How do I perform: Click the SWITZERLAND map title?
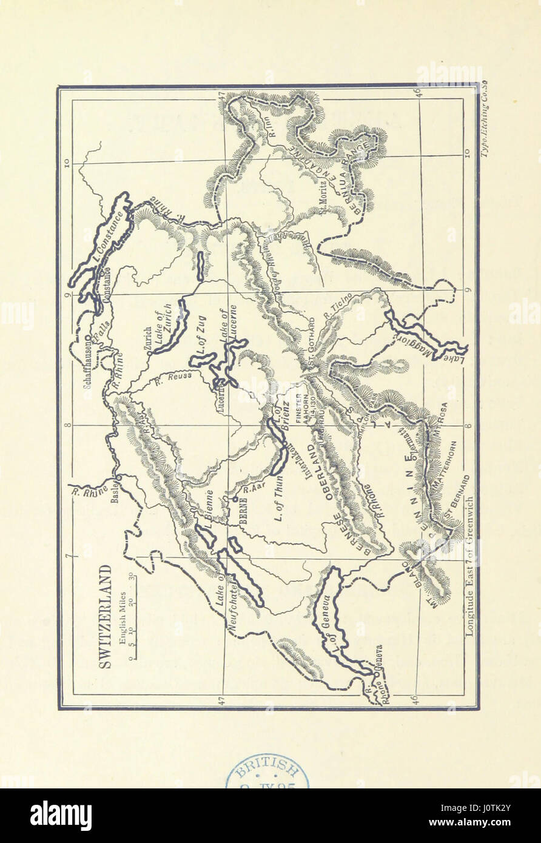click(x=105, y=616)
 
